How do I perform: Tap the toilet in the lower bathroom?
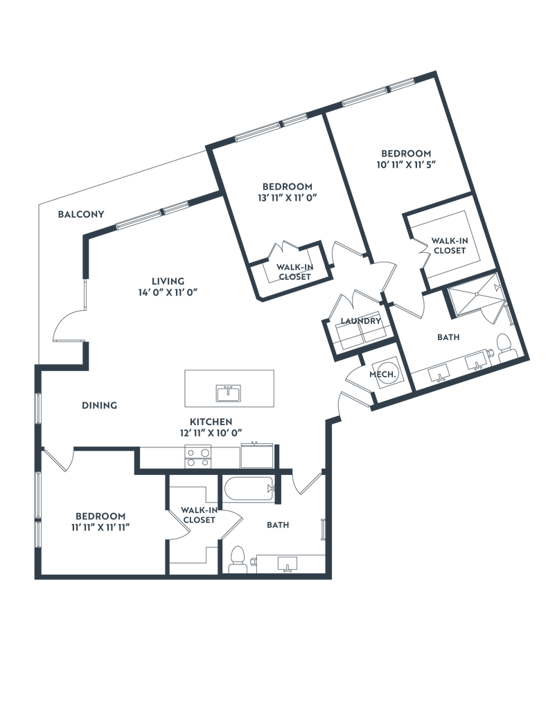click(237, 558)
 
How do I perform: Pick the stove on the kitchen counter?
click(198, 456)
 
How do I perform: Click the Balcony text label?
click(81, 214)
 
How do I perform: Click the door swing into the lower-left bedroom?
click(60, 460)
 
